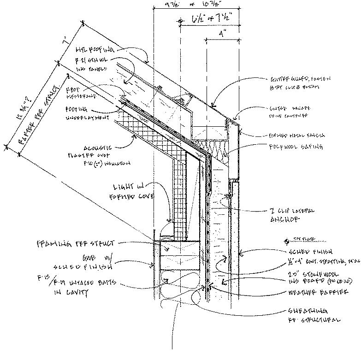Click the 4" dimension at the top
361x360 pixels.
point(222,33)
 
